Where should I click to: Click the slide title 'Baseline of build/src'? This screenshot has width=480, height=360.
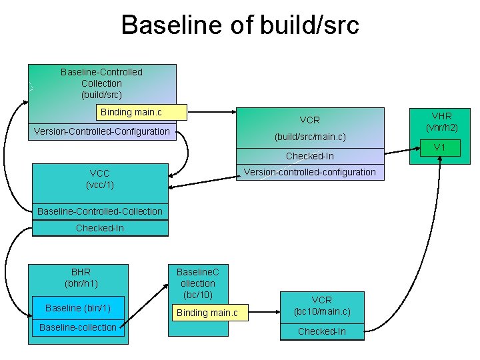click(x=240, y=25)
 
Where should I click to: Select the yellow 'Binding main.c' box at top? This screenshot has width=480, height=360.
click(x=131, y=112)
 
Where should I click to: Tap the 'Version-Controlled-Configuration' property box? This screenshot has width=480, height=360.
click(x=102, y=131)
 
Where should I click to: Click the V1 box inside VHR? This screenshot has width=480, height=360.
click(x=440, y=147)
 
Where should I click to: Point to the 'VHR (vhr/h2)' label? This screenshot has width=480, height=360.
click(x=441, y=121)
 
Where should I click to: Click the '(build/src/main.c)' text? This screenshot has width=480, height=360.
click(x=309, y=137)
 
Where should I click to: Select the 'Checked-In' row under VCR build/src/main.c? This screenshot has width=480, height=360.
click(x=309, y=156)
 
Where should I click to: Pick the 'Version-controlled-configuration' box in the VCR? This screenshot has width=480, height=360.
click(x=309, y=172)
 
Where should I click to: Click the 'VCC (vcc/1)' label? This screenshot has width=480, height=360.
click(x=100, y=179)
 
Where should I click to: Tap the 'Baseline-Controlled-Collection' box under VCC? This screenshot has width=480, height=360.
click(x=100, y=211)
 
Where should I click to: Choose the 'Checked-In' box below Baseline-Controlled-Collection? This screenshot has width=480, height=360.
click(x=100, y=228)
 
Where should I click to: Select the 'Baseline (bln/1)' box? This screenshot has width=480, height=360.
click(x=78, y=307)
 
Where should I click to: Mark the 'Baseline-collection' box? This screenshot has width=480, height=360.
click(x=78, y=327)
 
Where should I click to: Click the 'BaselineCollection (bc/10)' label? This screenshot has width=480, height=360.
click(x=197, y=283)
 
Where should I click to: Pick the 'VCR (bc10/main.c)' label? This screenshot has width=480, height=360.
click(x=322, y=306)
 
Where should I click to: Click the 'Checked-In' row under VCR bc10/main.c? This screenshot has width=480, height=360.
click(x=322, y=331)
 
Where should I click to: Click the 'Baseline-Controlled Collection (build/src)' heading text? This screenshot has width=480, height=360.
click(x=101, y=83)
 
